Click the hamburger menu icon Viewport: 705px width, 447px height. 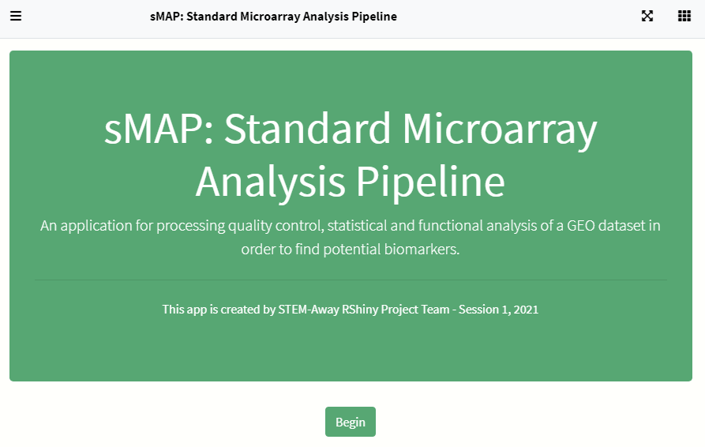[16, 16]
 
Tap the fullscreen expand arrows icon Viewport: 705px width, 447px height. [647, 16]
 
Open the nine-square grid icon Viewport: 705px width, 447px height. [684, 16]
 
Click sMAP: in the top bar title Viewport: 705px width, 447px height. [167, 17]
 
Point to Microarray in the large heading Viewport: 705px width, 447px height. [500, 129]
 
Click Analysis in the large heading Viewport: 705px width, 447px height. [271, 182]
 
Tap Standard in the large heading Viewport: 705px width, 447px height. [307, 128]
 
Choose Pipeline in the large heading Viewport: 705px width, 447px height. [430, 182]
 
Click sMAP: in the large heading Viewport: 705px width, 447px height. [159, 129]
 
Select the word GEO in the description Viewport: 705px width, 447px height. [580, 225]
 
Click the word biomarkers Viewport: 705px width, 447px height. [422, 249]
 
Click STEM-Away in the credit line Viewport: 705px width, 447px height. [309, 310]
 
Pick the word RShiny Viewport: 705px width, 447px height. [360, 310]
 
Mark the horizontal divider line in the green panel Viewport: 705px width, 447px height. [351, 280]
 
